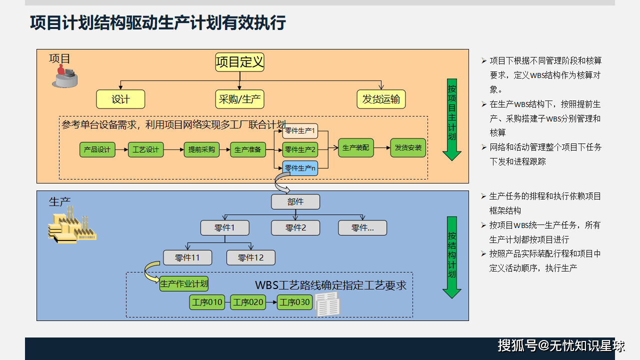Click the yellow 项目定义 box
coord(239,62)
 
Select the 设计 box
coord(120,99)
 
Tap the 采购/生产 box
coord(240,99)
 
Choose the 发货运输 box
coord(381,99)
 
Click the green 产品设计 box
coord(97,149)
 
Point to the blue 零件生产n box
coord(300,168)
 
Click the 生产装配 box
coord(355,148)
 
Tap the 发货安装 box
coord(408,148)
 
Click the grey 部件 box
coord(295,201)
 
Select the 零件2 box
coord(295,228)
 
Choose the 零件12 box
coord(250,257)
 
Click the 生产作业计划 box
coord(183,283)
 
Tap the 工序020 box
coord(248,302)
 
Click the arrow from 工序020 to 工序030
coord(271,302)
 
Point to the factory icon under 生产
coord(71,228)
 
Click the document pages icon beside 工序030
coord(327,304)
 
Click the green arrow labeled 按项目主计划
coord(451,120)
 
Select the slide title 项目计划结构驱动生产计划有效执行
coord(158,23)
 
